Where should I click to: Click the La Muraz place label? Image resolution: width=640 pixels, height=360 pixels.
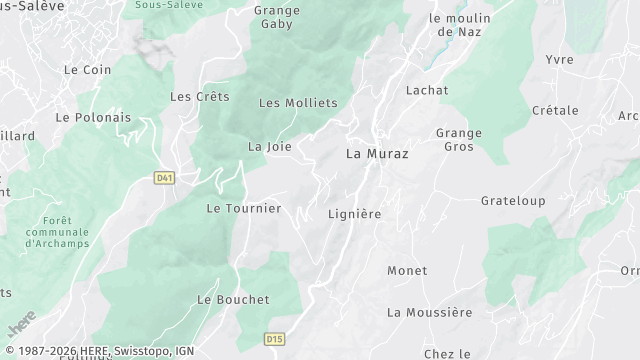click(x=377, y=154)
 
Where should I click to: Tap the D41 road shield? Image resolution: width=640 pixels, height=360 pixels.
click(x=165, y=177)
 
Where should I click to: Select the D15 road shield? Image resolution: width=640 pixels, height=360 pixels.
click(x=275, y=340)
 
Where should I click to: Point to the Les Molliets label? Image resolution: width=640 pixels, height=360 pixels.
click(x=298, y=103)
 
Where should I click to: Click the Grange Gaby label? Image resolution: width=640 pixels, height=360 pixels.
click(x=277, y=18)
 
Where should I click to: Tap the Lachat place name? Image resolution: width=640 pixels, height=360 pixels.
click(x=427, y=90)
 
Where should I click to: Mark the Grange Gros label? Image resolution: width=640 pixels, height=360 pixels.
click(x=459, y=139)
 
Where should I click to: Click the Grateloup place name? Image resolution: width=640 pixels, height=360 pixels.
click(x=513, y=201)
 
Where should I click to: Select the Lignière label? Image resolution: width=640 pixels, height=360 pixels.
click(x=355, y=214)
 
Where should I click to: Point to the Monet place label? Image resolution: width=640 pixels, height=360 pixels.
click(x=407, y=270)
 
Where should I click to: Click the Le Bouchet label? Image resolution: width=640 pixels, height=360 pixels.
click(x=233, y=299)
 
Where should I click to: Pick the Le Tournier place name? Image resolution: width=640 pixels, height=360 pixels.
click(x=244, y=208)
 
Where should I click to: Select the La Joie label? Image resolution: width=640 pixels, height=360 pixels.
click(x=270, y=146)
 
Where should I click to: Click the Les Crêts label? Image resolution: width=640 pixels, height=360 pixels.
click(x=200, y=97)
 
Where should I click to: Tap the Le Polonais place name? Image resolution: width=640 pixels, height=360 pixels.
click(x=93, y=117)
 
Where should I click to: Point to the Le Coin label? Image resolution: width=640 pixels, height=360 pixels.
click(x=87, y=70)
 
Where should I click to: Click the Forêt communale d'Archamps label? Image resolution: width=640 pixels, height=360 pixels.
click(x=58, y=231)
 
